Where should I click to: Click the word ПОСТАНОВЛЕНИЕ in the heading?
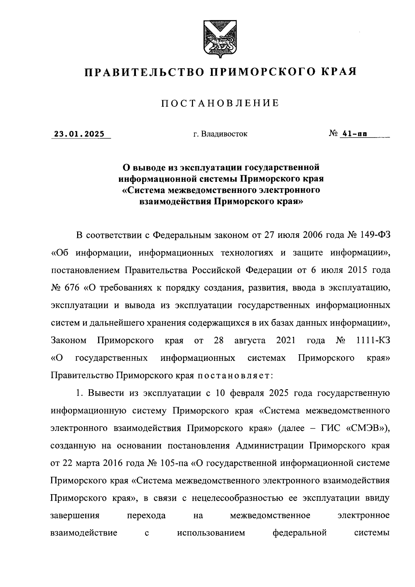220,103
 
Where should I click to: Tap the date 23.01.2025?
79,134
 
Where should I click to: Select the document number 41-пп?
354,134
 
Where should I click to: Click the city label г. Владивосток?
220,134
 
